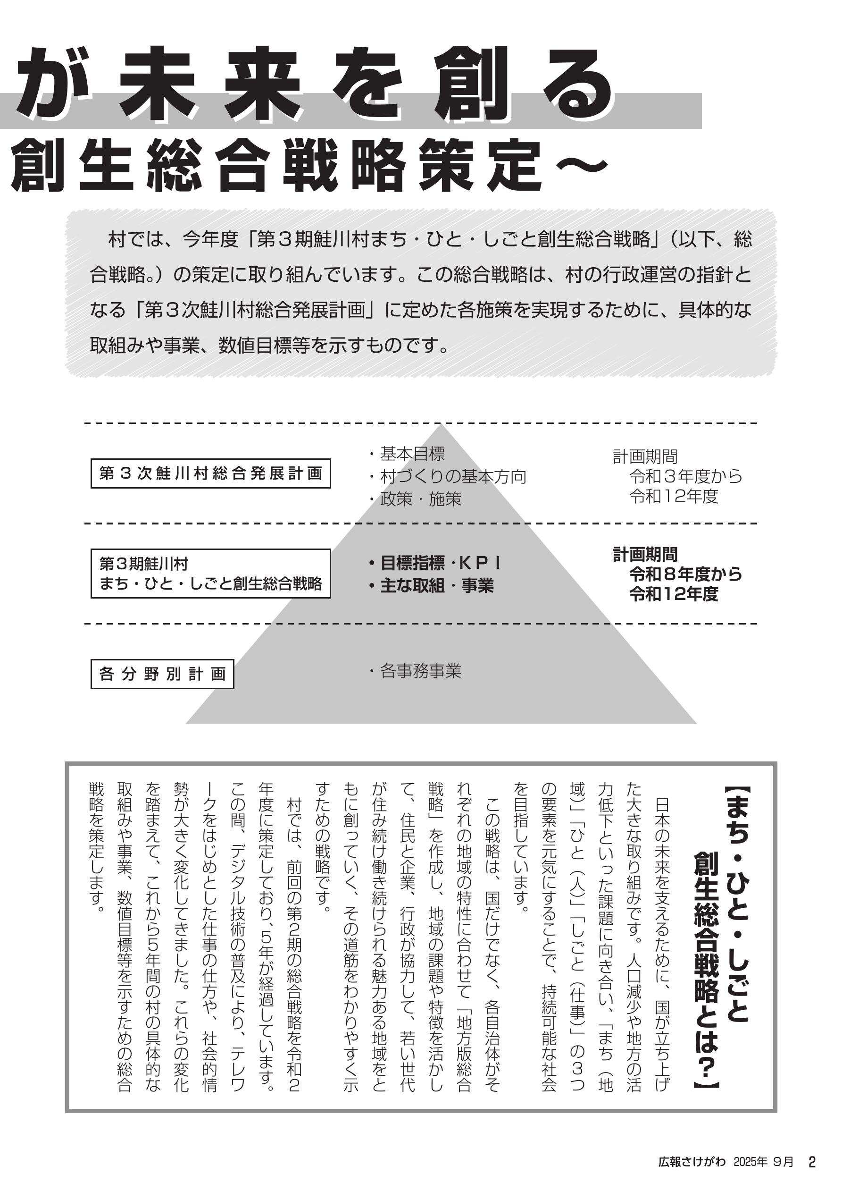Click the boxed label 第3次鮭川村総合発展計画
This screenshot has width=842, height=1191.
click(x=210, y=473)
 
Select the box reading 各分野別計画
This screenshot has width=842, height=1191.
click(x=162, y=674)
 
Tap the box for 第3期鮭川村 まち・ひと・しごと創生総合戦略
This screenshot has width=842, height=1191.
click(x=210, y=573)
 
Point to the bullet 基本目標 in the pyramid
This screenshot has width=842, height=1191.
click(x=412, y=454)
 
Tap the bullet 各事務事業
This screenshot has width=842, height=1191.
click(x=420, y=671)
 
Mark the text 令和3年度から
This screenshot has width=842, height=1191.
click(x=685, y=476)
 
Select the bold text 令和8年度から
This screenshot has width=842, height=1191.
click(x=685, y=574)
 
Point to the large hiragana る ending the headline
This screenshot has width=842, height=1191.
click(x=578, y=83)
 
